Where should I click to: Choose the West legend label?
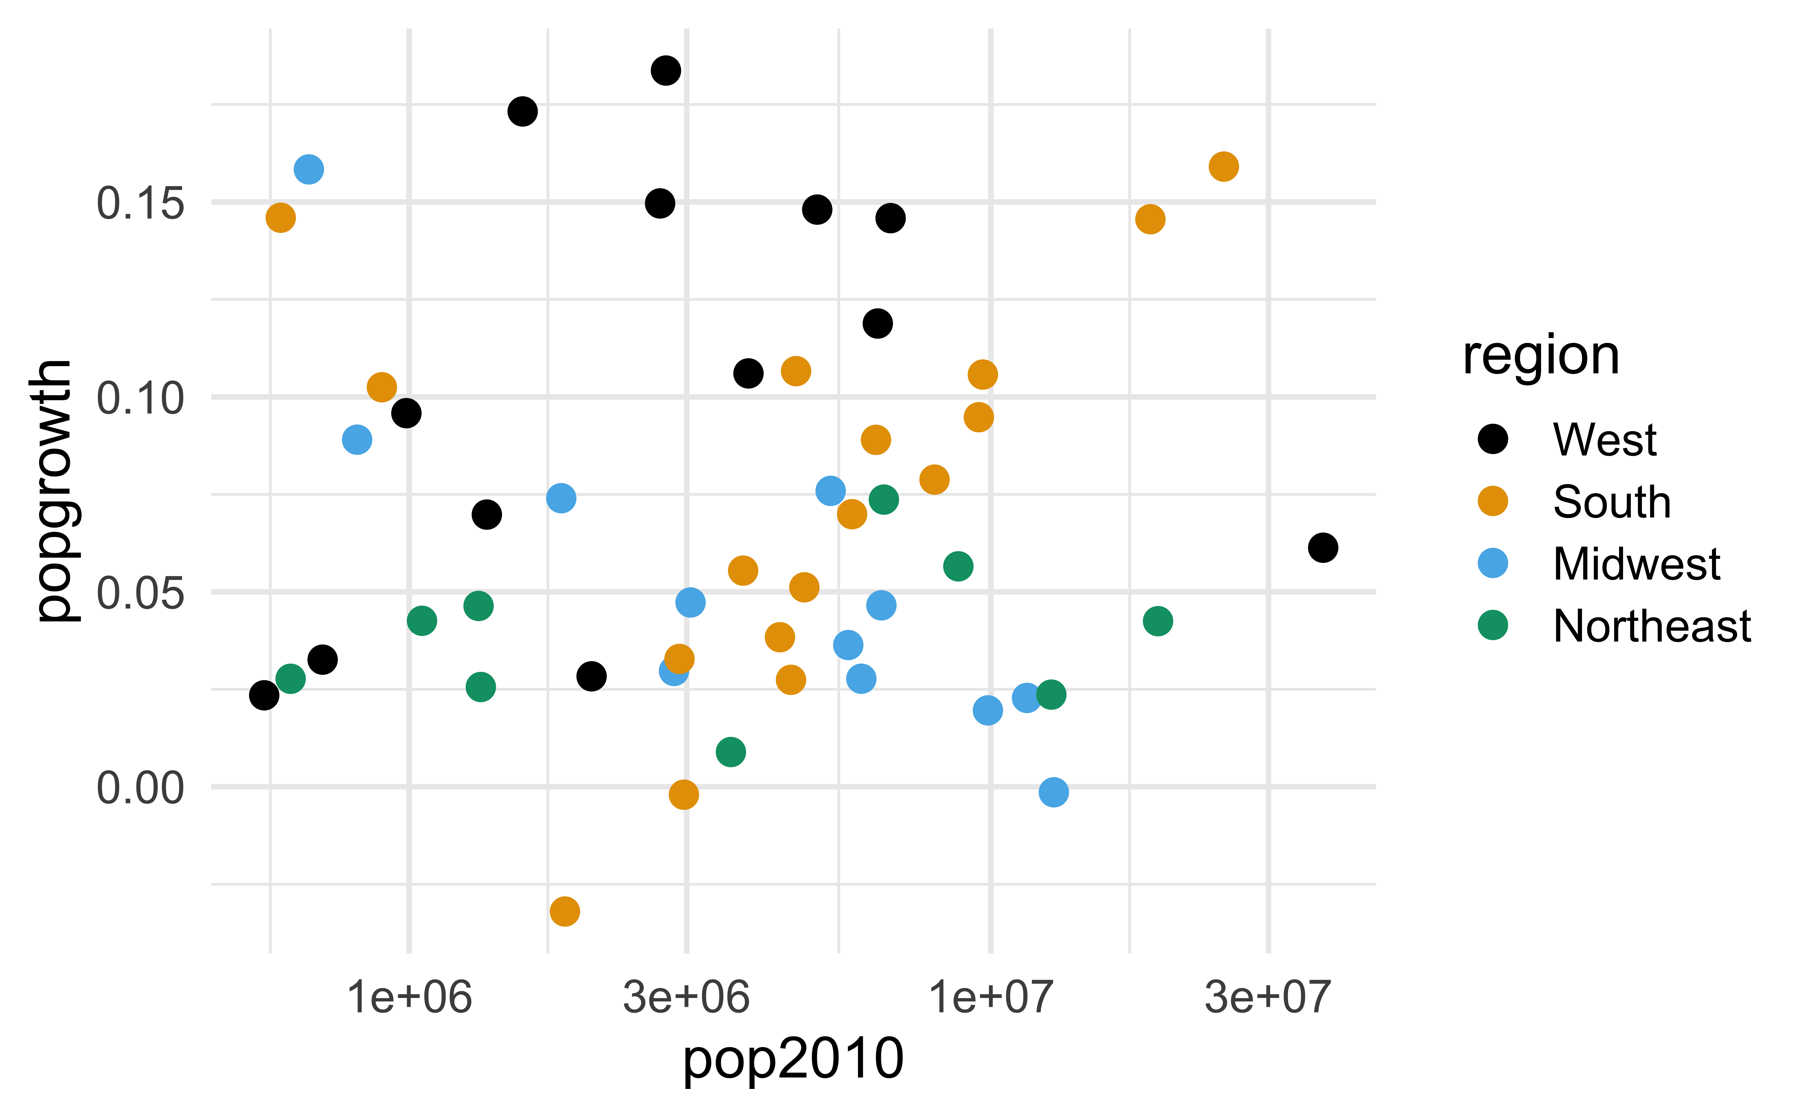[1604, 440]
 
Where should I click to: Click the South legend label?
[1612, 502]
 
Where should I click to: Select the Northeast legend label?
[1652, 626]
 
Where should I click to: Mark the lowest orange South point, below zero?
[565, 911]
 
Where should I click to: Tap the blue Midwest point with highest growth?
[308, 169]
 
